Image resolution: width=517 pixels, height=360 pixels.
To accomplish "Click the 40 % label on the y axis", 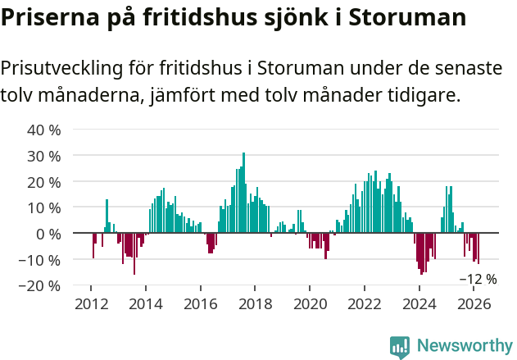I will click(x=45, y=130).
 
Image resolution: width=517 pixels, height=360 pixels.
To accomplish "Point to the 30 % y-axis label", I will click(x=45, y=156).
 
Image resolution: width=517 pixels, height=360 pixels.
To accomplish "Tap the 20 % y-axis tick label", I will click(x=45, y=181).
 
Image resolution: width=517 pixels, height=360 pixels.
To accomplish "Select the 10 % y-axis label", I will click(x=45, y=207).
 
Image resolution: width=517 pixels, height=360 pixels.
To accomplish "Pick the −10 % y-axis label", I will click(x=41, y=260).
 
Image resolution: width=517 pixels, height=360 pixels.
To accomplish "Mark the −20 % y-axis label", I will click(x=41, y=286).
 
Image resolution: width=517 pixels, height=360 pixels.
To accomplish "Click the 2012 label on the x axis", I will click(x=91, y=304).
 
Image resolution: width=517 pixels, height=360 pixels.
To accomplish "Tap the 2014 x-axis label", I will click(x=146, y=304).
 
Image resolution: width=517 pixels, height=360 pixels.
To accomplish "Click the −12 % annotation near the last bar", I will click(x=478, y=279).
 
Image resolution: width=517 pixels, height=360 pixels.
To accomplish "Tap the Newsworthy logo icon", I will click(x=400, y=347).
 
